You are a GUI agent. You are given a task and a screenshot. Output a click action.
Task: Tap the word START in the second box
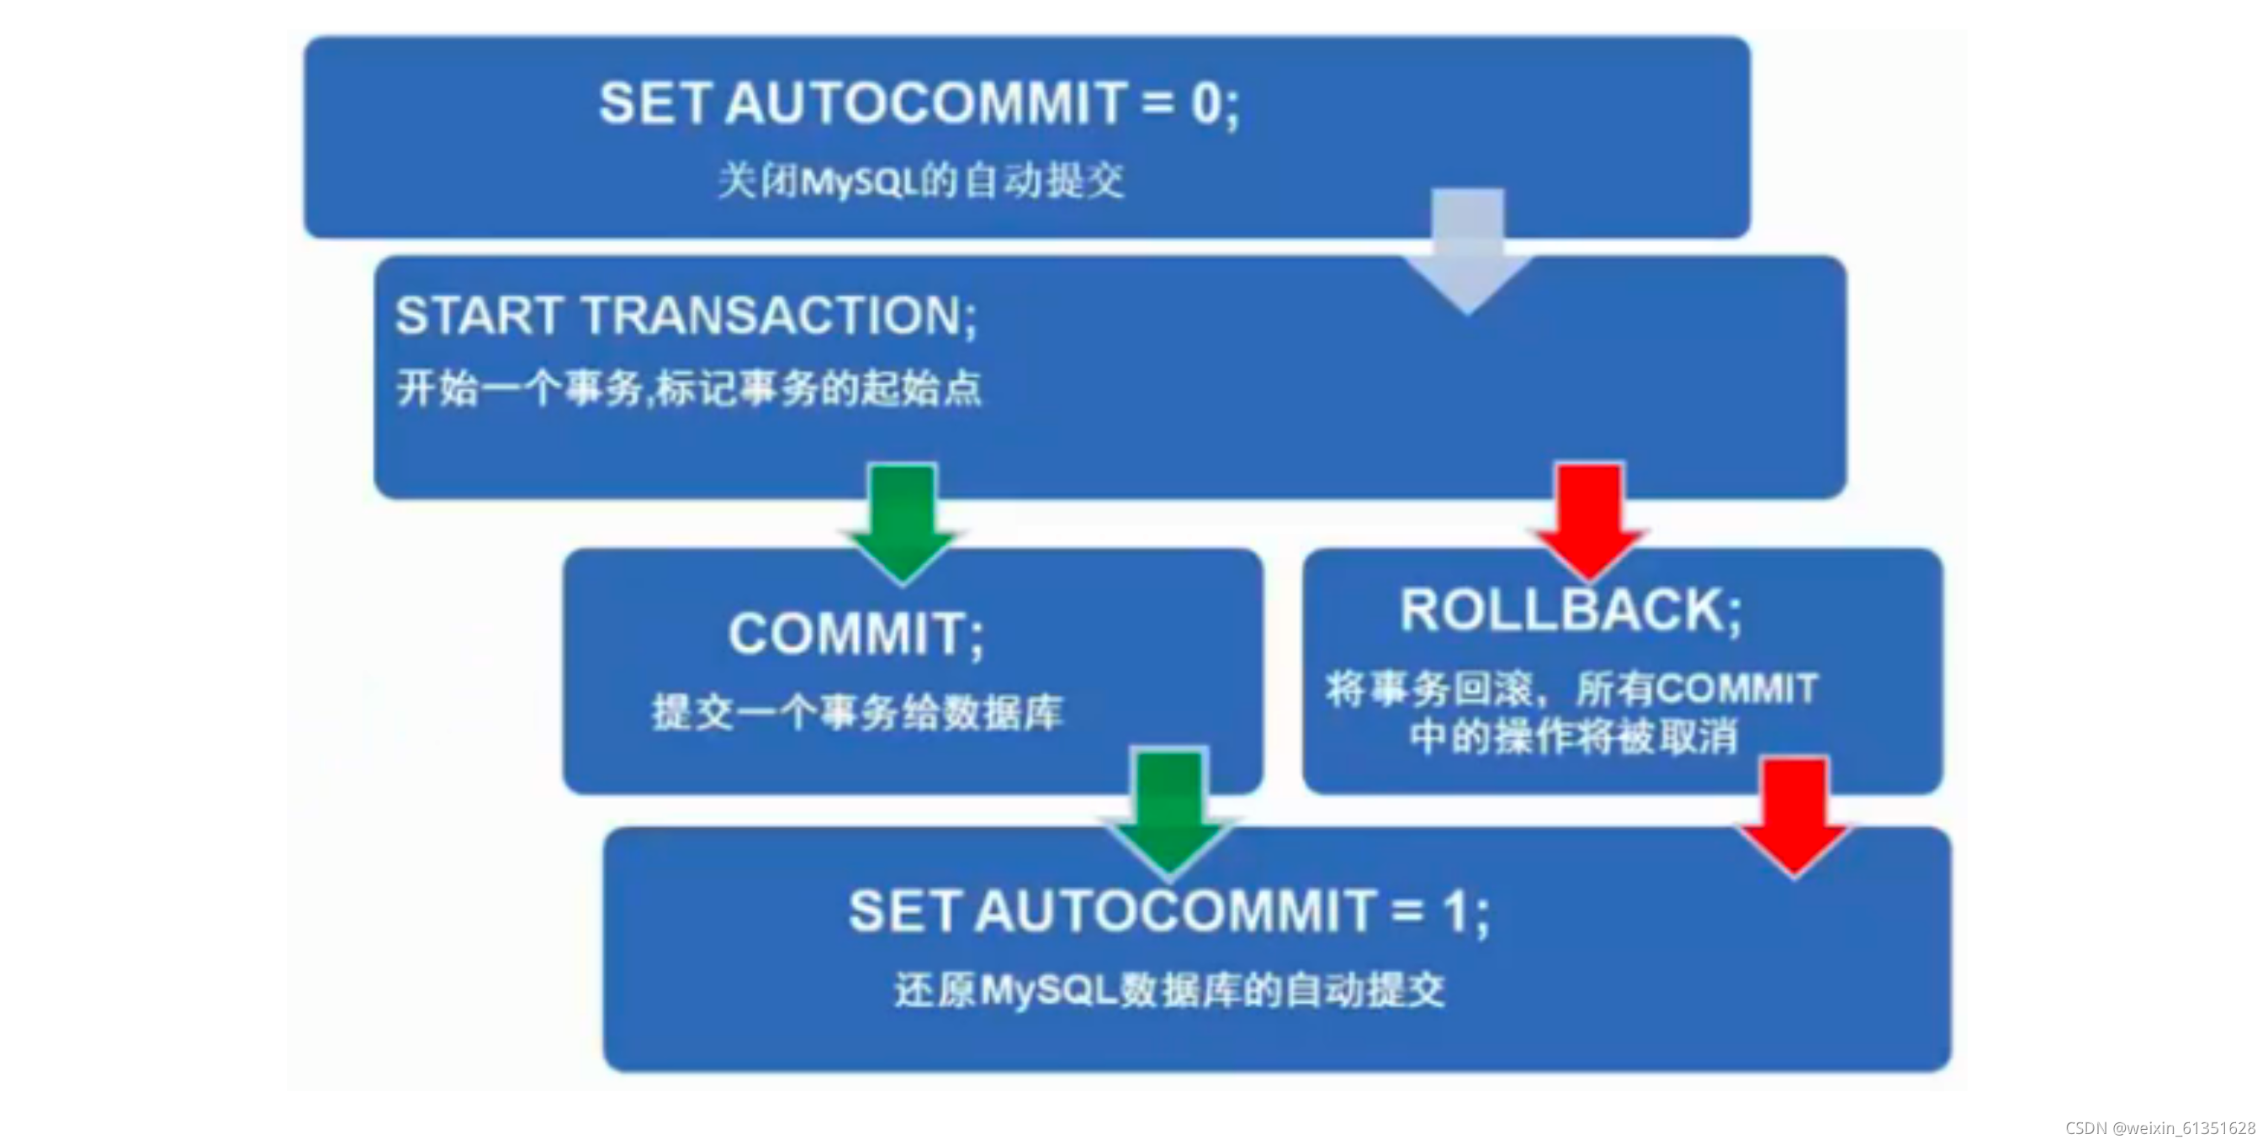click(479, 315)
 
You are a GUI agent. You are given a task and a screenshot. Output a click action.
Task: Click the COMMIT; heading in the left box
click(855, 634)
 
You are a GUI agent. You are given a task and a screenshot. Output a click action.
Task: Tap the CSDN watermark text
click(2159, 1128)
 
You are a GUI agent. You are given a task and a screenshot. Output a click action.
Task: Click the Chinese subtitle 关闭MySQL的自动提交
click(921, 182)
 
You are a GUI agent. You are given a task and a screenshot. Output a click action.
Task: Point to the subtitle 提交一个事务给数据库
click(857, 712)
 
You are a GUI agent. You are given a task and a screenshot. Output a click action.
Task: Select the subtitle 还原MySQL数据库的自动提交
click(1169, 990)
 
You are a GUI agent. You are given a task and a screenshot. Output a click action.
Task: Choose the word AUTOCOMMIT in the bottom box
click(1175, 911)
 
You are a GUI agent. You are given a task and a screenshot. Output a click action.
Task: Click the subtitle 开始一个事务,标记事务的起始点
click(688, 388)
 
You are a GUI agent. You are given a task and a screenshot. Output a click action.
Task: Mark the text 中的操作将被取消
click(1573, 736)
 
